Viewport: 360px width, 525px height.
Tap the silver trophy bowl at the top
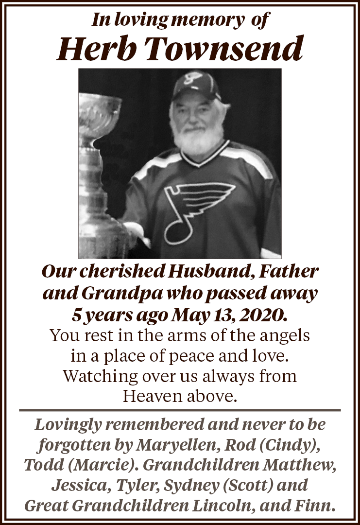coord(100,109)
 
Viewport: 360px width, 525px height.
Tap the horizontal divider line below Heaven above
coord(180,410)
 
